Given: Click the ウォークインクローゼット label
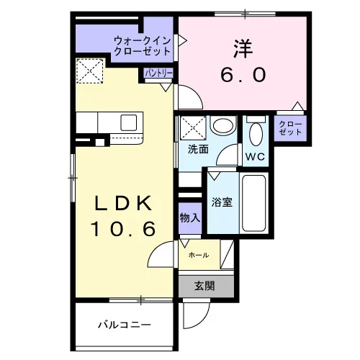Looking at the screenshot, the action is pos(143,45).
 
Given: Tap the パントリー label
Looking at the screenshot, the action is pos(158,73).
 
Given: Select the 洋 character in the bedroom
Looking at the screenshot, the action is pos(243,49).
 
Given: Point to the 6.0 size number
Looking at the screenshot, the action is pos(243,74).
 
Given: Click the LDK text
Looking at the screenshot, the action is pos(124,203).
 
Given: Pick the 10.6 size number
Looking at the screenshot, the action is pos(123,228).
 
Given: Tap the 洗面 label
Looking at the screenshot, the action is pos(198,149).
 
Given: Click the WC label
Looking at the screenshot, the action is pos(255,157).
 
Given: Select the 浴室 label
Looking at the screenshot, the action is pos(222,202).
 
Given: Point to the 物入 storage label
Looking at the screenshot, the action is pos(190,218).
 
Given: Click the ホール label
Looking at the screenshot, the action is pos(199,255).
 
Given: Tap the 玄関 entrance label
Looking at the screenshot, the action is pos(204,286).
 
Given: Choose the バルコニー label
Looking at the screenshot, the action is pos(125,325).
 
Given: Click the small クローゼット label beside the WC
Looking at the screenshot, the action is pos(290,128).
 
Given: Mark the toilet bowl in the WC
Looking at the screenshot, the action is pos(256,134).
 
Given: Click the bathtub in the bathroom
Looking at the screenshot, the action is pos(254,203).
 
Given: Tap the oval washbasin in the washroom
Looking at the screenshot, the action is pos(223,126).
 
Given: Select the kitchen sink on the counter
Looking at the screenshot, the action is pos(129,122).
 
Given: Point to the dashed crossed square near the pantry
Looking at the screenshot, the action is pos(90,71).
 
